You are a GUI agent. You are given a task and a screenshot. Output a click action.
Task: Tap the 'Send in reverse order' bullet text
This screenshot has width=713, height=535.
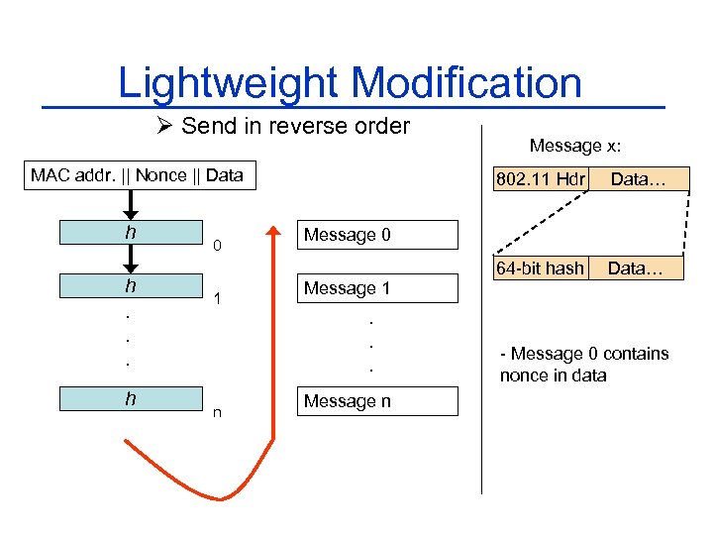(295, 126)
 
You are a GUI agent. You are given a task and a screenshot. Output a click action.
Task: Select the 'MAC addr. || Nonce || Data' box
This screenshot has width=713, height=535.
(137, 175)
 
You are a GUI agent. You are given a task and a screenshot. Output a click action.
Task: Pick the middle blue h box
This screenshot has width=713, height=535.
(130, 285)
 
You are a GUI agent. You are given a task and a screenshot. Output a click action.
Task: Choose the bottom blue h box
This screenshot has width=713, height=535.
(130, 398)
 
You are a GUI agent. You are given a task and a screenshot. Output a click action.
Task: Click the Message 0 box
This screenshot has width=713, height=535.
(378, 235)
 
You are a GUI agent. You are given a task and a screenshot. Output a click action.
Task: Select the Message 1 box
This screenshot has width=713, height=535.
(378, 288)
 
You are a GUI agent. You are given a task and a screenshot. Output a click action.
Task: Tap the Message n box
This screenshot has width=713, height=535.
(378, 401)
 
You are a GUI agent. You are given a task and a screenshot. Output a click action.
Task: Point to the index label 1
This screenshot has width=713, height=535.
(217, 298)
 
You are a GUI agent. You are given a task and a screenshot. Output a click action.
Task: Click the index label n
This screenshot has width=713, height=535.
(217, 413)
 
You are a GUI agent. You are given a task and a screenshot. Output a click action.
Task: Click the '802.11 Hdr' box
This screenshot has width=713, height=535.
(543, 179)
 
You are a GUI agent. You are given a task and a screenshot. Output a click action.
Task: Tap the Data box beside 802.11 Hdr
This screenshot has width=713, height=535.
(638, 179)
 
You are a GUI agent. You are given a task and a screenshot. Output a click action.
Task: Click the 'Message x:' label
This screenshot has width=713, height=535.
(575, 146)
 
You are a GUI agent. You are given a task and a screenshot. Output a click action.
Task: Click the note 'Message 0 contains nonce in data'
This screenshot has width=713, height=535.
(584, 365)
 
